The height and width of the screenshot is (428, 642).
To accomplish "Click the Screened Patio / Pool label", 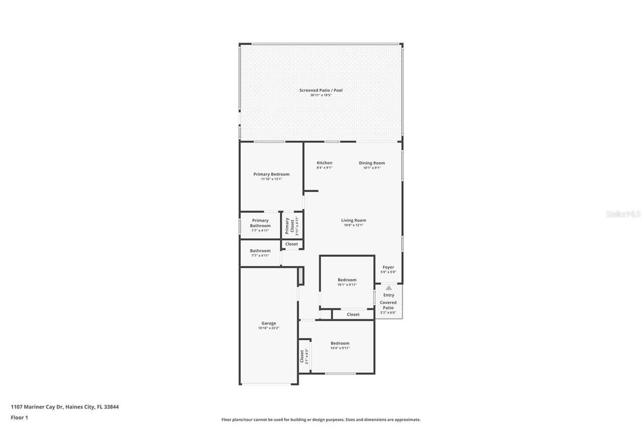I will click(x=321, y=90).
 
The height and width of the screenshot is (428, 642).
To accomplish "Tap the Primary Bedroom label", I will click(x=271, y=174).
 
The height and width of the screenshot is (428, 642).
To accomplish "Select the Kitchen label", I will click(x=325, y=163).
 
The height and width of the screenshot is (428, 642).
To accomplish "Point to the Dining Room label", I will click(x=372, y=163).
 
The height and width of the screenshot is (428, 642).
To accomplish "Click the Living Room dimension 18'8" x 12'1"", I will click(x=354, y=225).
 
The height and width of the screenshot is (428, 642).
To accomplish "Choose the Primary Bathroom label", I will click(x=260, y=223).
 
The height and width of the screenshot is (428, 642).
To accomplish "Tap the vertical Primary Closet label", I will click(x=288, y=226).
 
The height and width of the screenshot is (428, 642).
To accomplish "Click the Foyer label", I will click(x=388, y=267).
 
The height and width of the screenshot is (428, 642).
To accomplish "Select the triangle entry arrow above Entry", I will click(x=389, y=288).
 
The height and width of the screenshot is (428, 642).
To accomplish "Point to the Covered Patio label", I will click(x=388, y=305).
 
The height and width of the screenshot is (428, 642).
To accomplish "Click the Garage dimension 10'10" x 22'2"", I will click(x=268, y=328).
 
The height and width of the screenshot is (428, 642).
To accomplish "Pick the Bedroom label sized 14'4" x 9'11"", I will click(x=340, y=343).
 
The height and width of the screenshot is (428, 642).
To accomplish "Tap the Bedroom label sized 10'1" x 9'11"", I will click(x=347, y=280).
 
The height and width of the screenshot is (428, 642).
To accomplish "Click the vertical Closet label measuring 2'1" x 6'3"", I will click(x=302, y=356).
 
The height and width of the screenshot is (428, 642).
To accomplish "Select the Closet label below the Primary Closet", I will click(x=291, y=244).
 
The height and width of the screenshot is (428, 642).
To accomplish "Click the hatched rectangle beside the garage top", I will click(x=300, y=276).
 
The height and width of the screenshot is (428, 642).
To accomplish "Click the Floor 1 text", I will click(x=20, y=417).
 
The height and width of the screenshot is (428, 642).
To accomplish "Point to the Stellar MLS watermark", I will click(x=623, y=214).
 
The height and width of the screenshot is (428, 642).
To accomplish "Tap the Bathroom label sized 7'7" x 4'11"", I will click(x=260, y=251).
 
